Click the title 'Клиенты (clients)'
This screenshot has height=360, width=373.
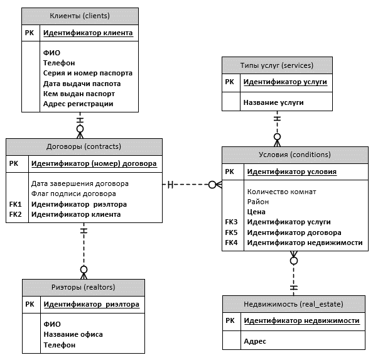pyautogui.click(x=80, y=16)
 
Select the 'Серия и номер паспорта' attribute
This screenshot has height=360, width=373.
pyautogui.click(x=88, y=73)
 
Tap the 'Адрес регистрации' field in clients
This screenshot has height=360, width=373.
pyautogui.click(x=78, y=104)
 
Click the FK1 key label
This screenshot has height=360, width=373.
pyautogui.click(x=16, y=204)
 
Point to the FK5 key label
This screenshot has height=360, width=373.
pyautogui.click(x=231, y=232)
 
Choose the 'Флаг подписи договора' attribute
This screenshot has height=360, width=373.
pyautogui.click(x=73, y=194)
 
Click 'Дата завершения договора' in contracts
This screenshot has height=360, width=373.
pyautogui.click(x=80, y=183)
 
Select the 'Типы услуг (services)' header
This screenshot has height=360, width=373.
pyautogui.click(x=277, y=65)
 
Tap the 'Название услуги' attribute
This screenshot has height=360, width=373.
pyautogui.click(x=273, y=102)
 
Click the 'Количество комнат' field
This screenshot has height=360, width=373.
pyautogui.click(x=282, y=192)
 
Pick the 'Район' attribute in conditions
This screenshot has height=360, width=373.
pyautogui.click(x=258, y=202)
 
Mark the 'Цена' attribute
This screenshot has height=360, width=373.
pyautogui.click(x=256, y=212)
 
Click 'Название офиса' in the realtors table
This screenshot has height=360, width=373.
pyautogui.click(x=73, y=334)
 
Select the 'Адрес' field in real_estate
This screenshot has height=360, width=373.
pyautogui.click(x=255, y=341)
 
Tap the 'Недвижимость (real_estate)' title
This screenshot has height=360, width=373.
pyautogui.click(x=293, y=304)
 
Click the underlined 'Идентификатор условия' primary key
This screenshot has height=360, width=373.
pyautogui.click(x=292, y=172)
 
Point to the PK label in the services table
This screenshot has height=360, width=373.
pyautogui.click(x=230, y=82)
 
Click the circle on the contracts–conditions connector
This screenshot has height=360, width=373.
pyautogui.click(x=212, y=185)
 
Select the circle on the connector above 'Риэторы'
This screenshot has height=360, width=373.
pyautogui.click(x=84, y=270)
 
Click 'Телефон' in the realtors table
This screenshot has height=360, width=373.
pyautogui.click(x=60, y=345)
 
